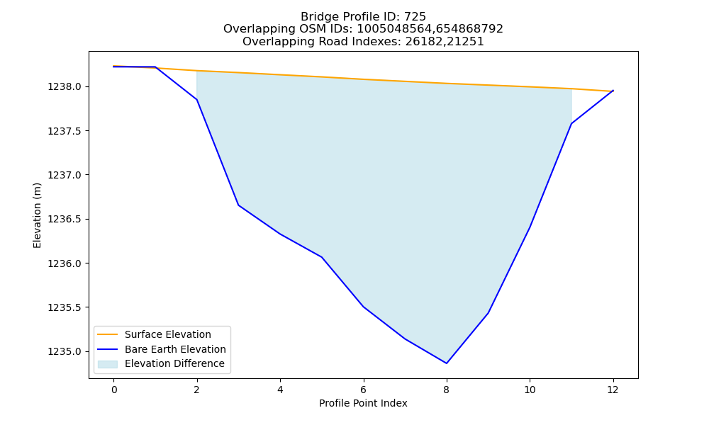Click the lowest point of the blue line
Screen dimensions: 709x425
pyautogui.click(x=447, y=363)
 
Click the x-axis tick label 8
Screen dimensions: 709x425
pyautogui.click(x=447, y=390)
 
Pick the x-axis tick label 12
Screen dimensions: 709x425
pyautogui.click(x=613, y=390)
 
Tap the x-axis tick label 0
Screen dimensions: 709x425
pyautogui.click(x=114, y=390)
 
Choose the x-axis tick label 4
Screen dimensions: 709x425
pyautogui.click(x=280, y=390)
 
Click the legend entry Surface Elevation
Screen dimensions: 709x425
pyautogui.click(x=168, y=334)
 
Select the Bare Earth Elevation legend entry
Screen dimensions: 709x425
pyautogui.click(x=175, y=349)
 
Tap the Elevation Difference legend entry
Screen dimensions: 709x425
pyautogui.click(x=174, y=363)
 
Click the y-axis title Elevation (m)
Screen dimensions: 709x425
pyautogui.click(x=37, y=215)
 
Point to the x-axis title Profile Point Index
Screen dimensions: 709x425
pyautogui.click(x=363, y=403)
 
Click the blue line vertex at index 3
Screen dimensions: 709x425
pyautogui.click(x=238, y=205)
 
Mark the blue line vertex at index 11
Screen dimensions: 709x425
pyautogui.click(x=571, y=123)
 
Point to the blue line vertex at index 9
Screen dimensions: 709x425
pyautogui.click(x=489, y=313)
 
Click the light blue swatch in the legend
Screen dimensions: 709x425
pyautogui.click(x=108, y=364)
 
